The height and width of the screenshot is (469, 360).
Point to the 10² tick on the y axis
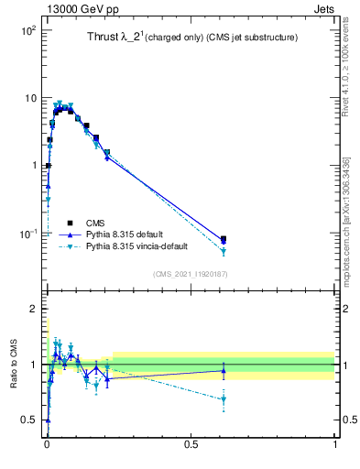(27, 30)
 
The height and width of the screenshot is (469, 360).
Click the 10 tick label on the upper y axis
(30, 98)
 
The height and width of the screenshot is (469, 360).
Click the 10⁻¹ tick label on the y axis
(27, 233)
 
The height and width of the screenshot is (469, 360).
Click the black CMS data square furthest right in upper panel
(224, 239)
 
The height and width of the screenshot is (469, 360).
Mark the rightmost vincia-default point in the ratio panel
(224, 399)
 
